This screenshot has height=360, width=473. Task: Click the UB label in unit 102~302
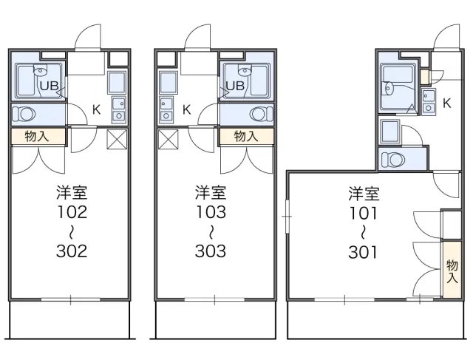(50, 86)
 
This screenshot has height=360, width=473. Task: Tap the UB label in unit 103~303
(234, 86)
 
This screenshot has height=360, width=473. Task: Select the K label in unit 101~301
(446, 104)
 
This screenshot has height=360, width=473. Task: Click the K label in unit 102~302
(97, 110)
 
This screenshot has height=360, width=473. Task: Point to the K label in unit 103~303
(186, 110)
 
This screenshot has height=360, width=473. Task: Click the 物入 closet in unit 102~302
(38, 136)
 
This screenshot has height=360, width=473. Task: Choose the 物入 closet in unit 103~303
(246, 136)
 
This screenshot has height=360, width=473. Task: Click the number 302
(72, 251)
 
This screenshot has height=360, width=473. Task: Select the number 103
(211, 213)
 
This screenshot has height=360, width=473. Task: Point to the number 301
(364, 251)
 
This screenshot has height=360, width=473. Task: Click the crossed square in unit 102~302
(118, 140)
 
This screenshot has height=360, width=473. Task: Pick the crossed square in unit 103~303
(167, 140)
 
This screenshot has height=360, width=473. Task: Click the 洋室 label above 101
(364, 194)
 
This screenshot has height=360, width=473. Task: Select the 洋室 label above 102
(72, 194)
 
